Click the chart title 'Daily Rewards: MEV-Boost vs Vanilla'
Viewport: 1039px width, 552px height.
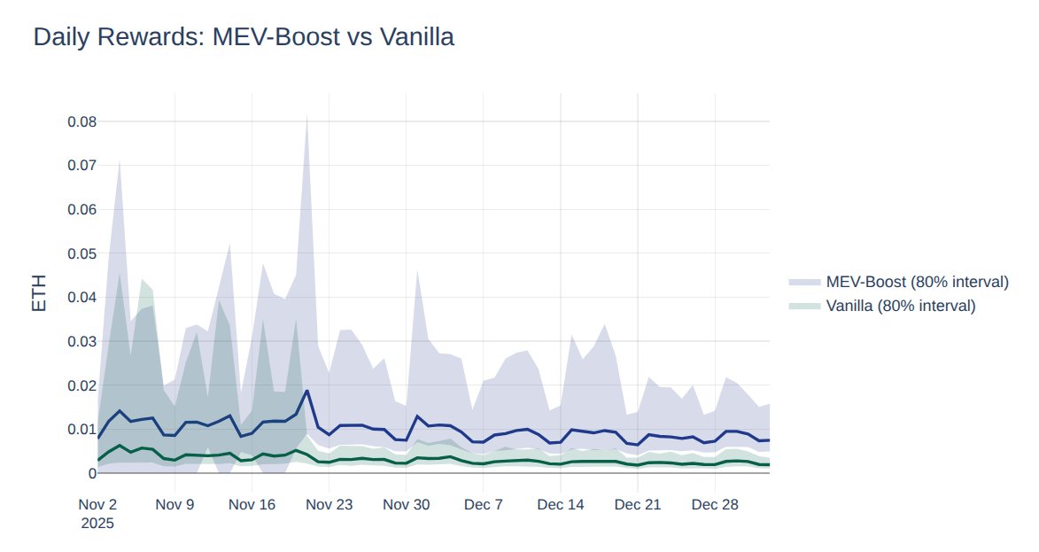(244, 37)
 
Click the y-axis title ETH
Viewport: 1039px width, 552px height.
(39, 292)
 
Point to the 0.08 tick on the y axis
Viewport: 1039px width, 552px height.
(81, 121)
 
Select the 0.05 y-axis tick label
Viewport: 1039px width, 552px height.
(81, 253)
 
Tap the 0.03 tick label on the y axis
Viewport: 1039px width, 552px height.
(81, 341)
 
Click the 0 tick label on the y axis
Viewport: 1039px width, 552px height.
(91, 473)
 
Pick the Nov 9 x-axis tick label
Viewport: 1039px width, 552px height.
(174, 504)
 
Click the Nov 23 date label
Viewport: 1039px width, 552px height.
(329, 504)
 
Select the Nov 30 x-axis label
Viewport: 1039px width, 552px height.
(406, 504)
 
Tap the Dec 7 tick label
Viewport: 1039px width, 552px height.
(483, 504)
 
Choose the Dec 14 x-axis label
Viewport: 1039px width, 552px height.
(560, 504)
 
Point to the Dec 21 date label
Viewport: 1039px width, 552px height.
(638, 504)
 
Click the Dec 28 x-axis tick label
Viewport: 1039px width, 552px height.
(715, 504)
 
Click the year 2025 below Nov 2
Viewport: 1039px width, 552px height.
(97, 523)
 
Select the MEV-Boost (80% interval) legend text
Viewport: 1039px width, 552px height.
(917, 282)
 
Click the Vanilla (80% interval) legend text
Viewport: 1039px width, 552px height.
(900, 306)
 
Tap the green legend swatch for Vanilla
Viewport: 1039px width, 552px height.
(803, 306)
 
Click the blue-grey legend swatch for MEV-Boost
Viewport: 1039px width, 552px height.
(803, 282)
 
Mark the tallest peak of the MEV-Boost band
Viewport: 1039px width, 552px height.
(306, 116)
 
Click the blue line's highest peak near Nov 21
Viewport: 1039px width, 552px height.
(306, 391)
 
